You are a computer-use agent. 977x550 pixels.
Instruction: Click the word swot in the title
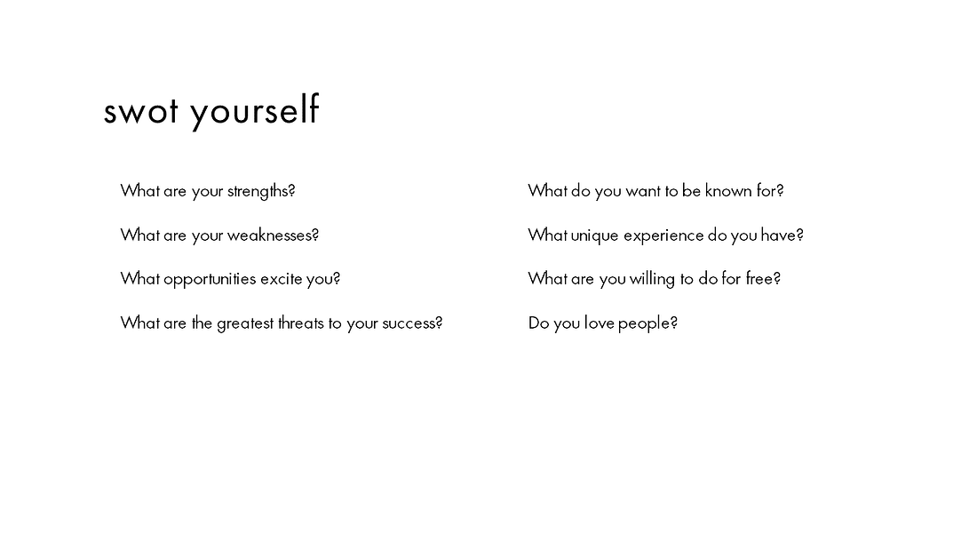pyautogui.click(x=141, y=112)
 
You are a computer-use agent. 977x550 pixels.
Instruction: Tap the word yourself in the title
pyautogui.click(x=255, y=112)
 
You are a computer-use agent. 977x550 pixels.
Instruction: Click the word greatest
pyautogui.click(x=245, y=323)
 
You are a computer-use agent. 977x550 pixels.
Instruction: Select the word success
pyautogui.click(x=412, y=323)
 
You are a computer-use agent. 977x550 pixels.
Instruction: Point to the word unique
pyautogui.click(x=594, y=235)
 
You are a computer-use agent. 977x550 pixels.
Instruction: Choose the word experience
pyautogui.click(x=663, y=235)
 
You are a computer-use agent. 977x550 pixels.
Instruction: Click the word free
pyautogui.click(x=763, y=278)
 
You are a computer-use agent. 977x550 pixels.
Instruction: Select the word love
pyautogui.click(x=599, y=323)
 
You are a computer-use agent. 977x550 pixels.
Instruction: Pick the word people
pyautogui.click(x=647, y=323)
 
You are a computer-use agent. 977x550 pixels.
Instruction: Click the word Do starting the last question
pyautogui.click(x=538, y=323)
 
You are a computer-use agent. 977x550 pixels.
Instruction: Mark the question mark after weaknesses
pyautogui.click(x=315, y=235)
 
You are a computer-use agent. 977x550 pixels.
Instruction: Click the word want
pyautogui.click(x=642, y=191)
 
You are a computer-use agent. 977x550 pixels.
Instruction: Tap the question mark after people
pyautogui.click(x=673, y=323)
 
